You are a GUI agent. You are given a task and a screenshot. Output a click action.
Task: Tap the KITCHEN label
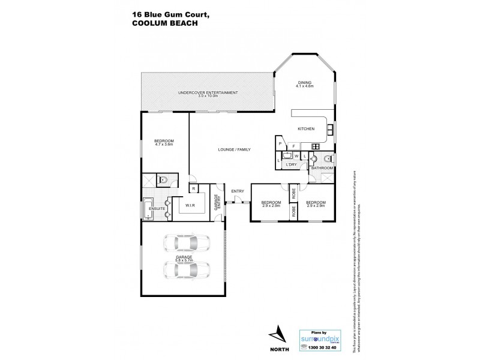pos(306,129)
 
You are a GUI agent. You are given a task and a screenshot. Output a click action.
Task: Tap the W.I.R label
pos(191,205)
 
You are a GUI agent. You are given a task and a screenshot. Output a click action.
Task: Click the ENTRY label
pos(238,191)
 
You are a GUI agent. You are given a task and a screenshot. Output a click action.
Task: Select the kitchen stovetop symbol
pos(315,146)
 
